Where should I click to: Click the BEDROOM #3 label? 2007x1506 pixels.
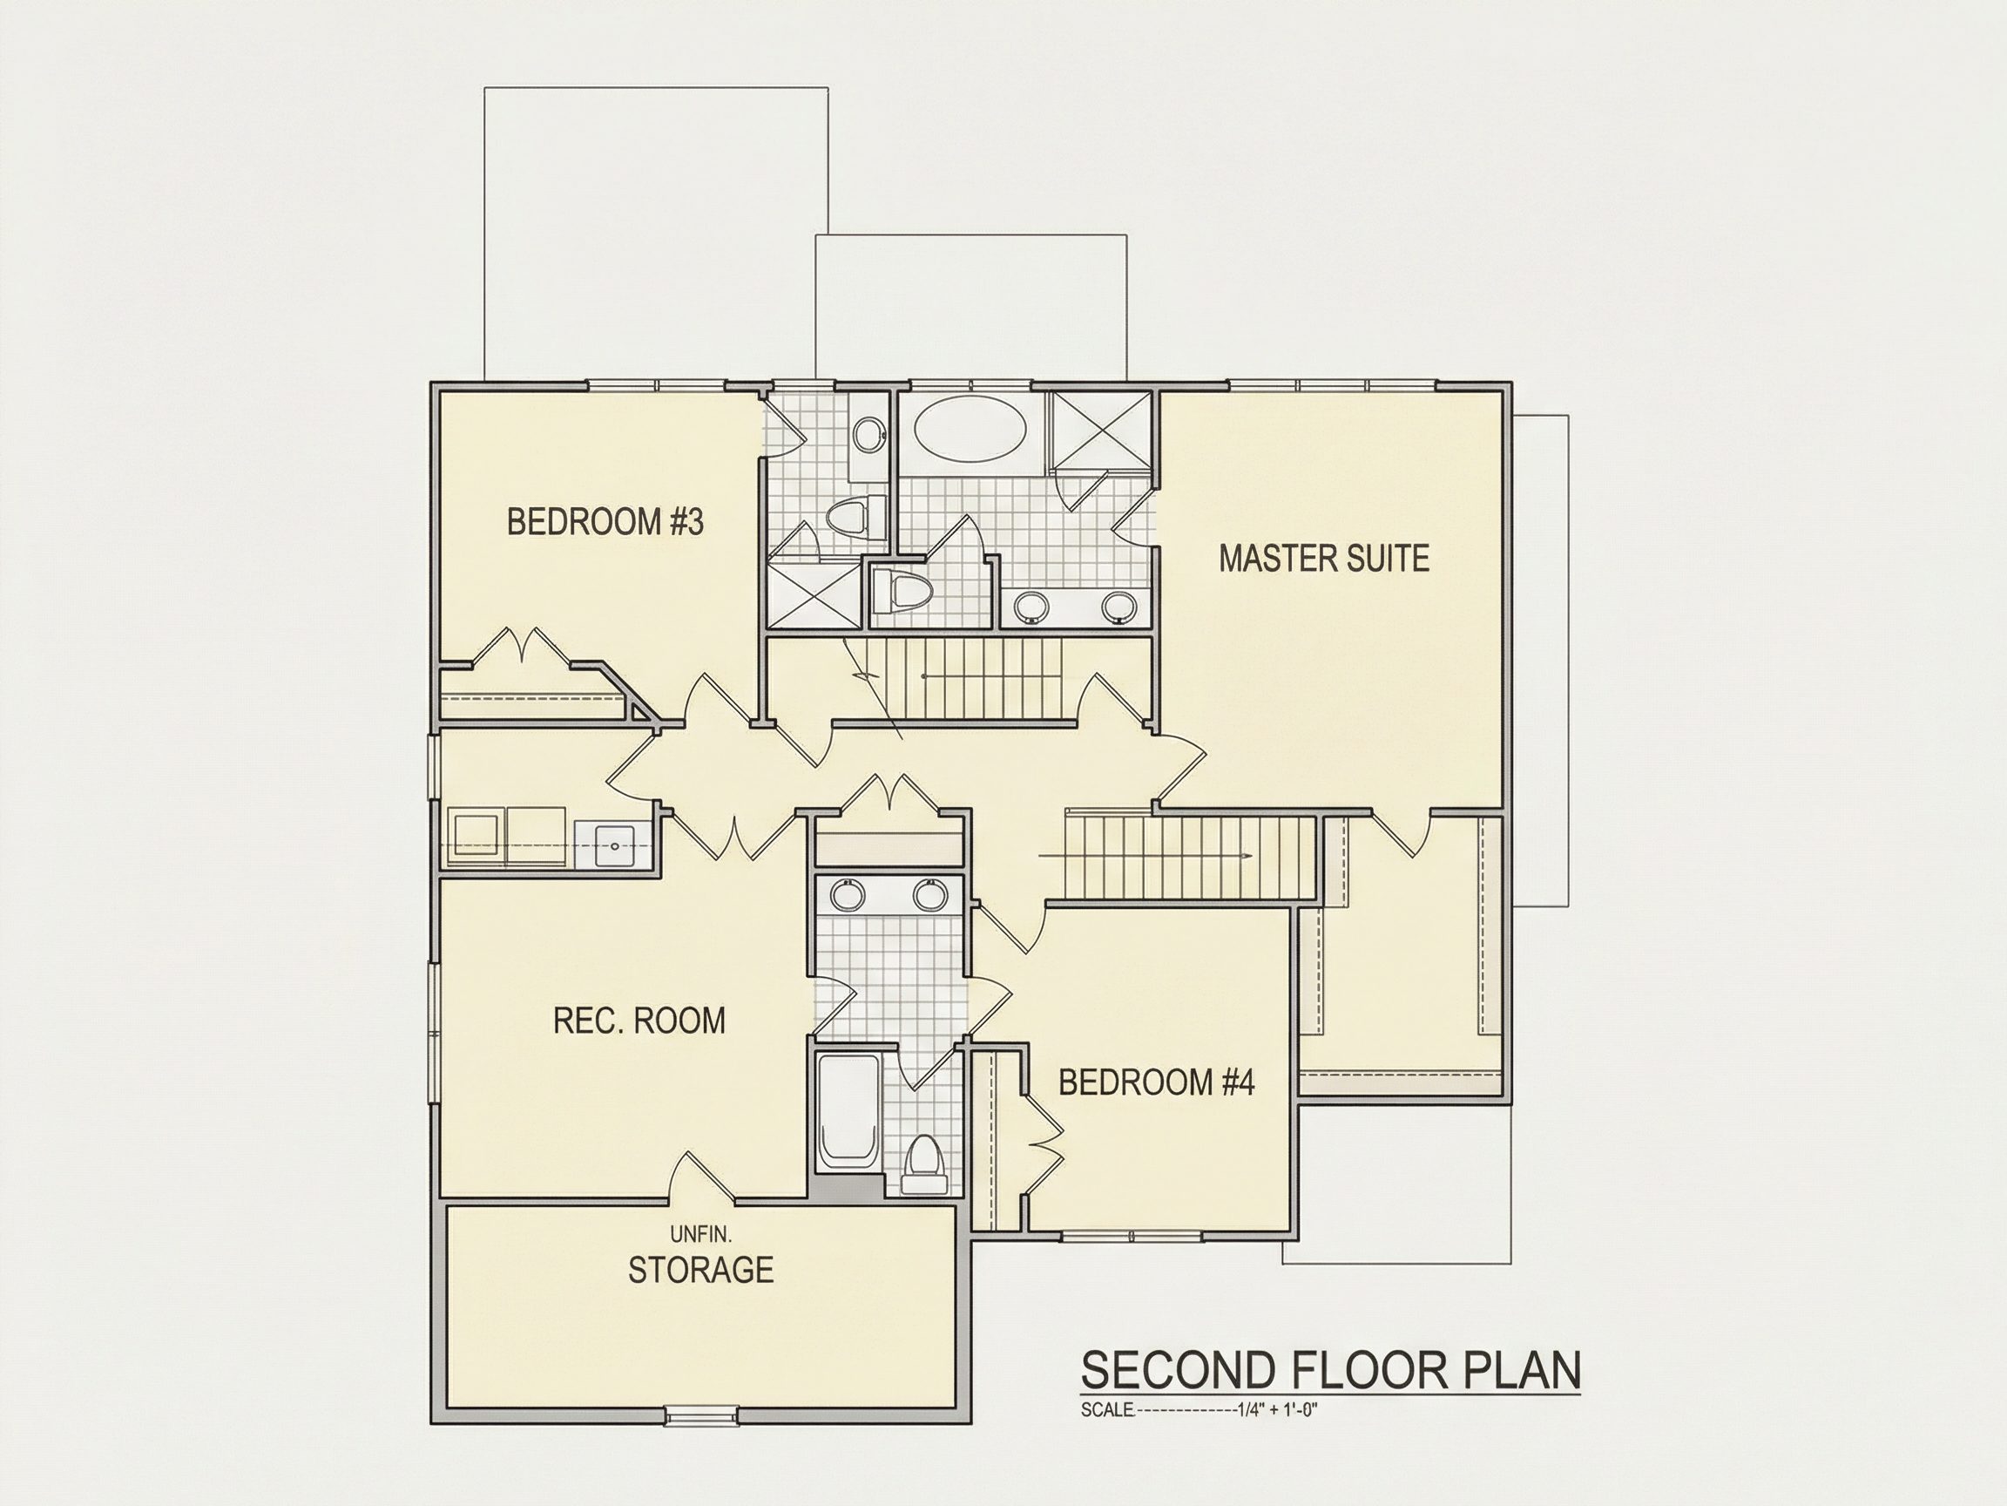[x=605, y=522]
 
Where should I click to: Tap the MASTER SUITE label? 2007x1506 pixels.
[x=1324, y=559]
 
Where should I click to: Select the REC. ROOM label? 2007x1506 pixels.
[x=639, y=1021]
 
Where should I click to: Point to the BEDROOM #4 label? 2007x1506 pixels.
[x=1156, y=1082]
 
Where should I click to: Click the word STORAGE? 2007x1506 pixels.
[x=700, y=1270]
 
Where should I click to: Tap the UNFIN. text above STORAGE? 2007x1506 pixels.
[x=700, y=1235]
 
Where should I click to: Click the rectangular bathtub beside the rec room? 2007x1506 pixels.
[x=848, y=1112]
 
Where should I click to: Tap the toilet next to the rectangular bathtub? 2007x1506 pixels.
[x=924, y=1163]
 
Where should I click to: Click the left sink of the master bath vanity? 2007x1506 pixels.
[x=1032, y=607]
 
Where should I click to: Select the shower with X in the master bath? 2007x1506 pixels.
[x=1098, y=432]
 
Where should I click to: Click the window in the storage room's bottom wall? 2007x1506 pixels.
[x=701, y=1414]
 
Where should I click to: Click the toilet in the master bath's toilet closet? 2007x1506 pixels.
[x=900, y=593]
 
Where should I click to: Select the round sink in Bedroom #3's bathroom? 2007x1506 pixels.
[x=869, y=434]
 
